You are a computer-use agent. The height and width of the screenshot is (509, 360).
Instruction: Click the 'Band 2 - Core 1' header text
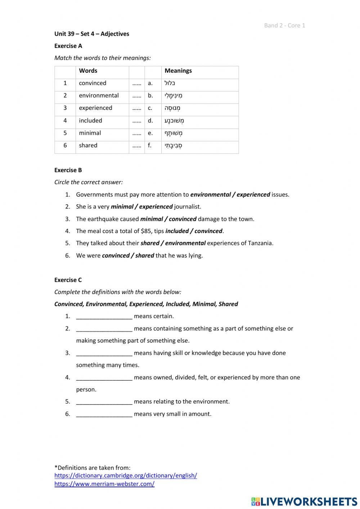click(x=284, y=25)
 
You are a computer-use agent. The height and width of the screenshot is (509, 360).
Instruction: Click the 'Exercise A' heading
click(x=68, y=46)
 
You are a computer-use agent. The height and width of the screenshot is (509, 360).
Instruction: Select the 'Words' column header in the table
click(x=88, y=71)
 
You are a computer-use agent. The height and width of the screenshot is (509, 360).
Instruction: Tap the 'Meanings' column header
click(x=178, y=71)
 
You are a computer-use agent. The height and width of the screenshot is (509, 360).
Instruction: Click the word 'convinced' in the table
click(x=93, y=83)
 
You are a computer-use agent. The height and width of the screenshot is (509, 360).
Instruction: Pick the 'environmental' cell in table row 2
click(x=99, y=95)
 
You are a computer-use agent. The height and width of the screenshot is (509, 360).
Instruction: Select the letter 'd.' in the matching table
click(x=150, y=120)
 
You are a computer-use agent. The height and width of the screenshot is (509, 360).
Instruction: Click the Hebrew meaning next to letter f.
click(x=173, y=146)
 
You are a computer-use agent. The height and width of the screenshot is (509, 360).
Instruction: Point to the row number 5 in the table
click(x=65, y=133)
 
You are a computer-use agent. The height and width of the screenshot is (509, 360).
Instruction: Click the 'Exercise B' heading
click(x=68, y=170)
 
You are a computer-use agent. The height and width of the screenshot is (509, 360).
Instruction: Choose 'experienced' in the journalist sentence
click(x=156, y=207)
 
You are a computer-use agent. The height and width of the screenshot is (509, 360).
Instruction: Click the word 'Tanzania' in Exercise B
click(x=260, y=243)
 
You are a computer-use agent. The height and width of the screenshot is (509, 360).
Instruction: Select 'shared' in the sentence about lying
click(x=144, y=255)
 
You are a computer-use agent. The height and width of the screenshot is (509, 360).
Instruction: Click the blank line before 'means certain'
click(x=104, y=317)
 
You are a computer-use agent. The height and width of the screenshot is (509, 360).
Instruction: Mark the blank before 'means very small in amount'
click(x=104, y=414)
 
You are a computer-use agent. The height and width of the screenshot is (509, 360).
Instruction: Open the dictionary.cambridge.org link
click(x=126, y=475)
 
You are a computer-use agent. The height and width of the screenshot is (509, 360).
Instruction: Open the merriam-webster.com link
click(x=104, y=484)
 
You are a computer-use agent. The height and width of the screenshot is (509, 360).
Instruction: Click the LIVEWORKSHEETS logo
click(x=304, y=501)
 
